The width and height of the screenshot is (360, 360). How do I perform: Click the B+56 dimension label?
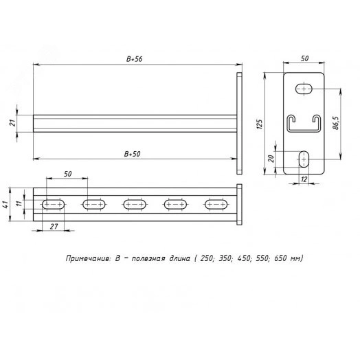pyautogui.click(x=134, y=59)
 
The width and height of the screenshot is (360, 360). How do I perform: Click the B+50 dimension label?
pyautogui.click(x=132, y=154)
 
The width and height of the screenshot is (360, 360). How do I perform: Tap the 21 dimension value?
pyautogui.click(x=14, y=123)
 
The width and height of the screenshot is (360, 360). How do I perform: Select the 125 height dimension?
pyautogui.click(x=260, y=124)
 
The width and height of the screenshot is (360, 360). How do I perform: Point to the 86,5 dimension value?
pyautogui.click(x=336, y=123)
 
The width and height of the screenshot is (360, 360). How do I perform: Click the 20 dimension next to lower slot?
pyautogui.click(x=271, y=159)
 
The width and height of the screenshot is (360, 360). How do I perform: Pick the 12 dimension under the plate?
pyautogui.click(x=304, y=179)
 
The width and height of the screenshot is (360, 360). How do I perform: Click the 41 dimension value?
pyautogui.click(x=5, y=204)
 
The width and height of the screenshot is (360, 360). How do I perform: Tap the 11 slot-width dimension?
pyautogui.click(x=19, y=203)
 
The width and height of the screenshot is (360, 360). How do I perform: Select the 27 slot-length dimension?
pyautogui.click(x=54, y=227)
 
